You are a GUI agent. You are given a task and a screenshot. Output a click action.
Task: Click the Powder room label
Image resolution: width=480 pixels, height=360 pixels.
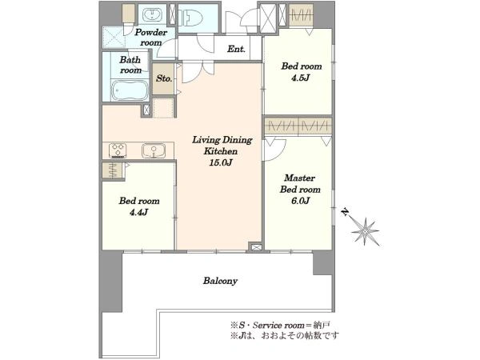pyautogui.click(x=151, y=38)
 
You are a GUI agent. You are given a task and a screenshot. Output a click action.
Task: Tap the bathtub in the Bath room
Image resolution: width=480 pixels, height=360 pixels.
pyautogui.click(x=130, y=90)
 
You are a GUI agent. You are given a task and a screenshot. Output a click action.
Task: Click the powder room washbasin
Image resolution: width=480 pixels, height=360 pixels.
pyautogui.click(x=152, y=14)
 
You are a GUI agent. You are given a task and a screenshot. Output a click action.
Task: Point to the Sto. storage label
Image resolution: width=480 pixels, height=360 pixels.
pyautogui.click(x=164, y=78)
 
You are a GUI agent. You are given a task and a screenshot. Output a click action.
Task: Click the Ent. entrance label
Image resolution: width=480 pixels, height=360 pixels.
pyautogui.click(x=236, y=49)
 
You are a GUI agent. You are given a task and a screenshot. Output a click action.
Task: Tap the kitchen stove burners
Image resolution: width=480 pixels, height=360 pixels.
pyautogui.click(x=118, y=150)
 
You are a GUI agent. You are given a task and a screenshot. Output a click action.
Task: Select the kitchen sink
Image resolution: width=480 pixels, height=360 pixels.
pyautogui.click(x=154, y=150)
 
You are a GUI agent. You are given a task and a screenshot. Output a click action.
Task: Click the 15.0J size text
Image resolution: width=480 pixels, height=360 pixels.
pyautogui.click(x=221, y=162)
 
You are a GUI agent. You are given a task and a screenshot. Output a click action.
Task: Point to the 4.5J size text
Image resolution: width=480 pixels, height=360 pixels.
pyautogui.click(x=301, y=78)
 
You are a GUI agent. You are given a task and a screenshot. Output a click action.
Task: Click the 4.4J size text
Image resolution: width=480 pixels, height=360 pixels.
pyautogui.click(x=139, y=212)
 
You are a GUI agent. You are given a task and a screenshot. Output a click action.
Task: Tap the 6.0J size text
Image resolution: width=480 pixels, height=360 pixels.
pyautogui.click(x=300, y=201)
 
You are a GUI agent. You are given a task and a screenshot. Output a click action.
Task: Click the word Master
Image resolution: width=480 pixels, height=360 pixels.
pyautogui.click(x=300, y=178)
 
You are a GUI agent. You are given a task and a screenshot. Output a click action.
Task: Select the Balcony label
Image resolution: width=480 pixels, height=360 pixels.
pyautogui.click(x=221, y=281)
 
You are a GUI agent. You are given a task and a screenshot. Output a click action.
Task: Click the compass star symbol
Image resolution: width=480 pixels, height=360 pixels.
pyautogui.click(x=366, y=231)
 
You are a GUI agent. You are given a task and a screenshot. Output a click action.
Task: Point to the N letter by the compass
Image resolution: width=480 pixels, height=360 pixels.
pyautogui.click(x=346, y=212)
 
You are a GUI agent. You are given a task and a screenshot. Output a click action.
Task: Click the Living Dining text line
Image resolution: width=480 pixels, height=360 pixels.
pyautogui.click(x=222, y=140)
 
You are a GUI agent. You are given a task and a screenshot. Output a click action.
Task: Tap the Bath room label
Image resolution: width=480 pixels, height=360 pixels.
pyautogui.click(x=130, y=65)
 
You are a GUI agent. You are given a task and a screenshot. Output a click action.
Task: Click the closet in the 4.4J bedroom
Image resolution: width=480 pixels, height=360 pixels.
pyautogui.click(x=112, y=170)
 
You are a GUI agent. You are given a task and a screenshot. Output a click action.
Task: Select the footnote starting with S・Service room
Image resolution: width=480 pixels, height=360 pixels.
pyautogui.click(x=280, y=325)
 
